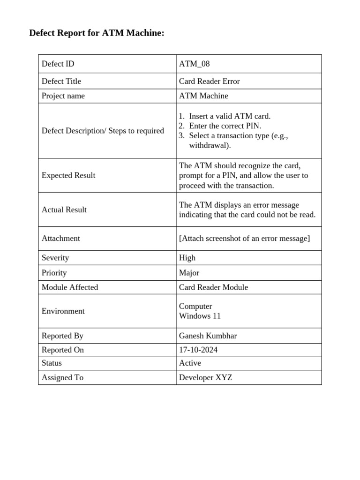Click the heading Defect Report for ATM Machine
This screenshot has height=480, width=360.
coord(97,33)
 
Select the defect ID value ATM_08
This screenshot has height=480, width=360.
coord(194,64)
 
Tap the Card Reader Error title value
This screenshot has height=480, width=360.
coord(209,81)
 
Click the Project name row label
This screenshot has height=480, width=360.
coord(63,96)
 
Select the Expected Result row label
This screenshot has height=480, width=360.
coord(68,175)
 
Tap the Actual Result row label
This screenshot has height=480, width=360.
coord(64,210)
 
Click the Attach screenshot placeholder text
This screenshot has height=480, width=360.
coord(244,238)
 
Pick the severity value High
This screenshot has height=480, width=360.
coord(187,258)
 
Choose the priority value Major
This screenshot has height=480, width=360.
coord(189,273)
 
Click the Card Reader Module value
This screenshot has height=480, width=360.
coord(213,287)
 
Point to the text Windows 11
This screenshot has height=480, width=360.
coord(200,316)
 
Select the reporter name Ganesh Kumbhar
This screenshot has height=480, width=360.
coord(208,336)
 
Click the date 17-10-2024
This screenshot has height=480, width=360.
coord(198,350)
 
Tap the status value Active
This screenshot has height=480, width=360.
coord(190,363)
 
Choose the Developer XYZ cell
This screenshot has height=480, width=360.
coord(205,377)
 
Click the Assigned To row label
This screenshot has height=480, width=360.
coord(62,377)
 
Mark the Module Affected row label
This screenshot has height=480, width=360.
coord(70,287)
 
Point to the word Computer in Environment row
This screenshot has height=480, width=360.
coord(195,306)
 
